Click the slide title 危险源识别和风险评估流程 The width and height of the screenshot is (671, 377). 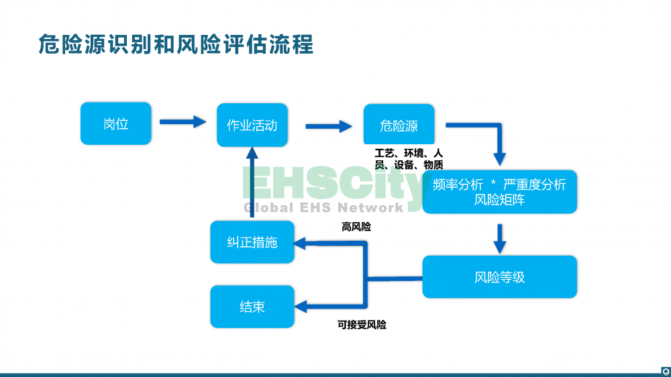point(176,45)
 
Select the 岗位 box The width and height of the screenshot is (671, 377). point(115,123)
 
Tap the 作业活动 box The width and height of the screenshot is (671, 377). point(252,125)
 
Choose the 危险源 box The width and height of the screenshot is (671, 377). point(399,125)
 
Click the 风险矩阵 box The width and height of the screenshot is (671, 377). point(499,192)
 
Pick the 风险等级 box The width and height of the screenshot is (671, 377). point(499,276)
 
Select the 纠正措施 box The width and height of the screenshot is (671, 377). point(252,242)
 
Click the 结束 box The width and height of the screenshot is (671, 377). point(252,307)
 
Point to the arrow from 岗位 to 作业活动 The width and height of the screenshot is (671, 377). point(182,121)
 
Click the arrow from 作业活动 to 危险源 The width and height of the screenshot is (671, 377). point(329,125)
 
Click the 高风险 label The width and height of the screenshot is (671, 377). point(356,227)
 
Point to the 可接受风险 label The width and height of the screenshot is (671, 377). point(362,325)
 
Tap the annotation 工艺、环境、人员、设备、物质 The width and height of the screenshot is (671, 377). point(409,159)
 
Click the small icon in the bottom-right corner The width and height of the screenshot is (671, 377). point(665,370)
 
